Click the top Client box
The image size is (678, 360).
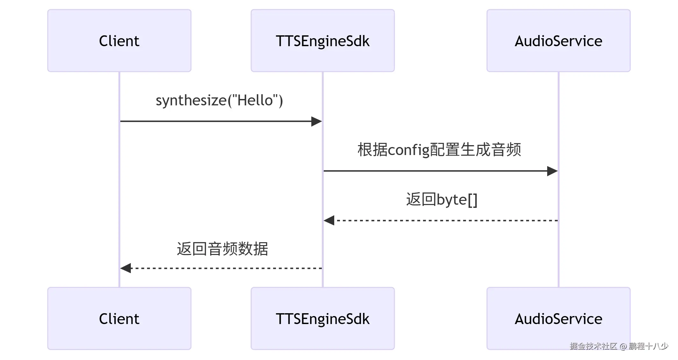pos(119,41)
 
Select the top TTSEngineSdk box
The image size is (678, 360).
pos(322,41)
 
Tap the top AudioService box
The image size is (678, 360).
pos(558,41)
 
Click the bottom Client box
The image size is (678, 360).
pos(119,319)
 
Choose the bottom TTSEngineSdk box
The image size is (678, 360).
pos(322,319)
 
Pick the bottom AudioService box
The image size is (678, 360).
pos(558,319)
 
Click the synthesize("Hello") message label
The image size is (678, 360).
pos(219,101)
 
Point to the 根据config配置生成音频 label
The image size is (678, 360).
pos(439,150)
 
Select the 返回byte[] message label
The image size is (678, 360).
pos(441,200)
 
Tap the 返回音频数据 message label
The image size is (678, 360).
pos(222,249)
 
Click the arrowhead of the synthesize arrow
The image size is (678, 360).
pos(316,121)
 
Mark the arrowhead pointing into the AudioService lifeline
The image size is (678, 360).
pos(552,171)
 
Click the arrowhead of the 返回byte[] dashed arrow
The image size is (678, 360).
pos(329,220)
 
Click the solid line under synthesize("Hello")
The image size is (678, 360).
pos(216,121)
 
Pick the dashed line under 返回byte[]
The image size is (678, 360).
pos(446,220)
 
